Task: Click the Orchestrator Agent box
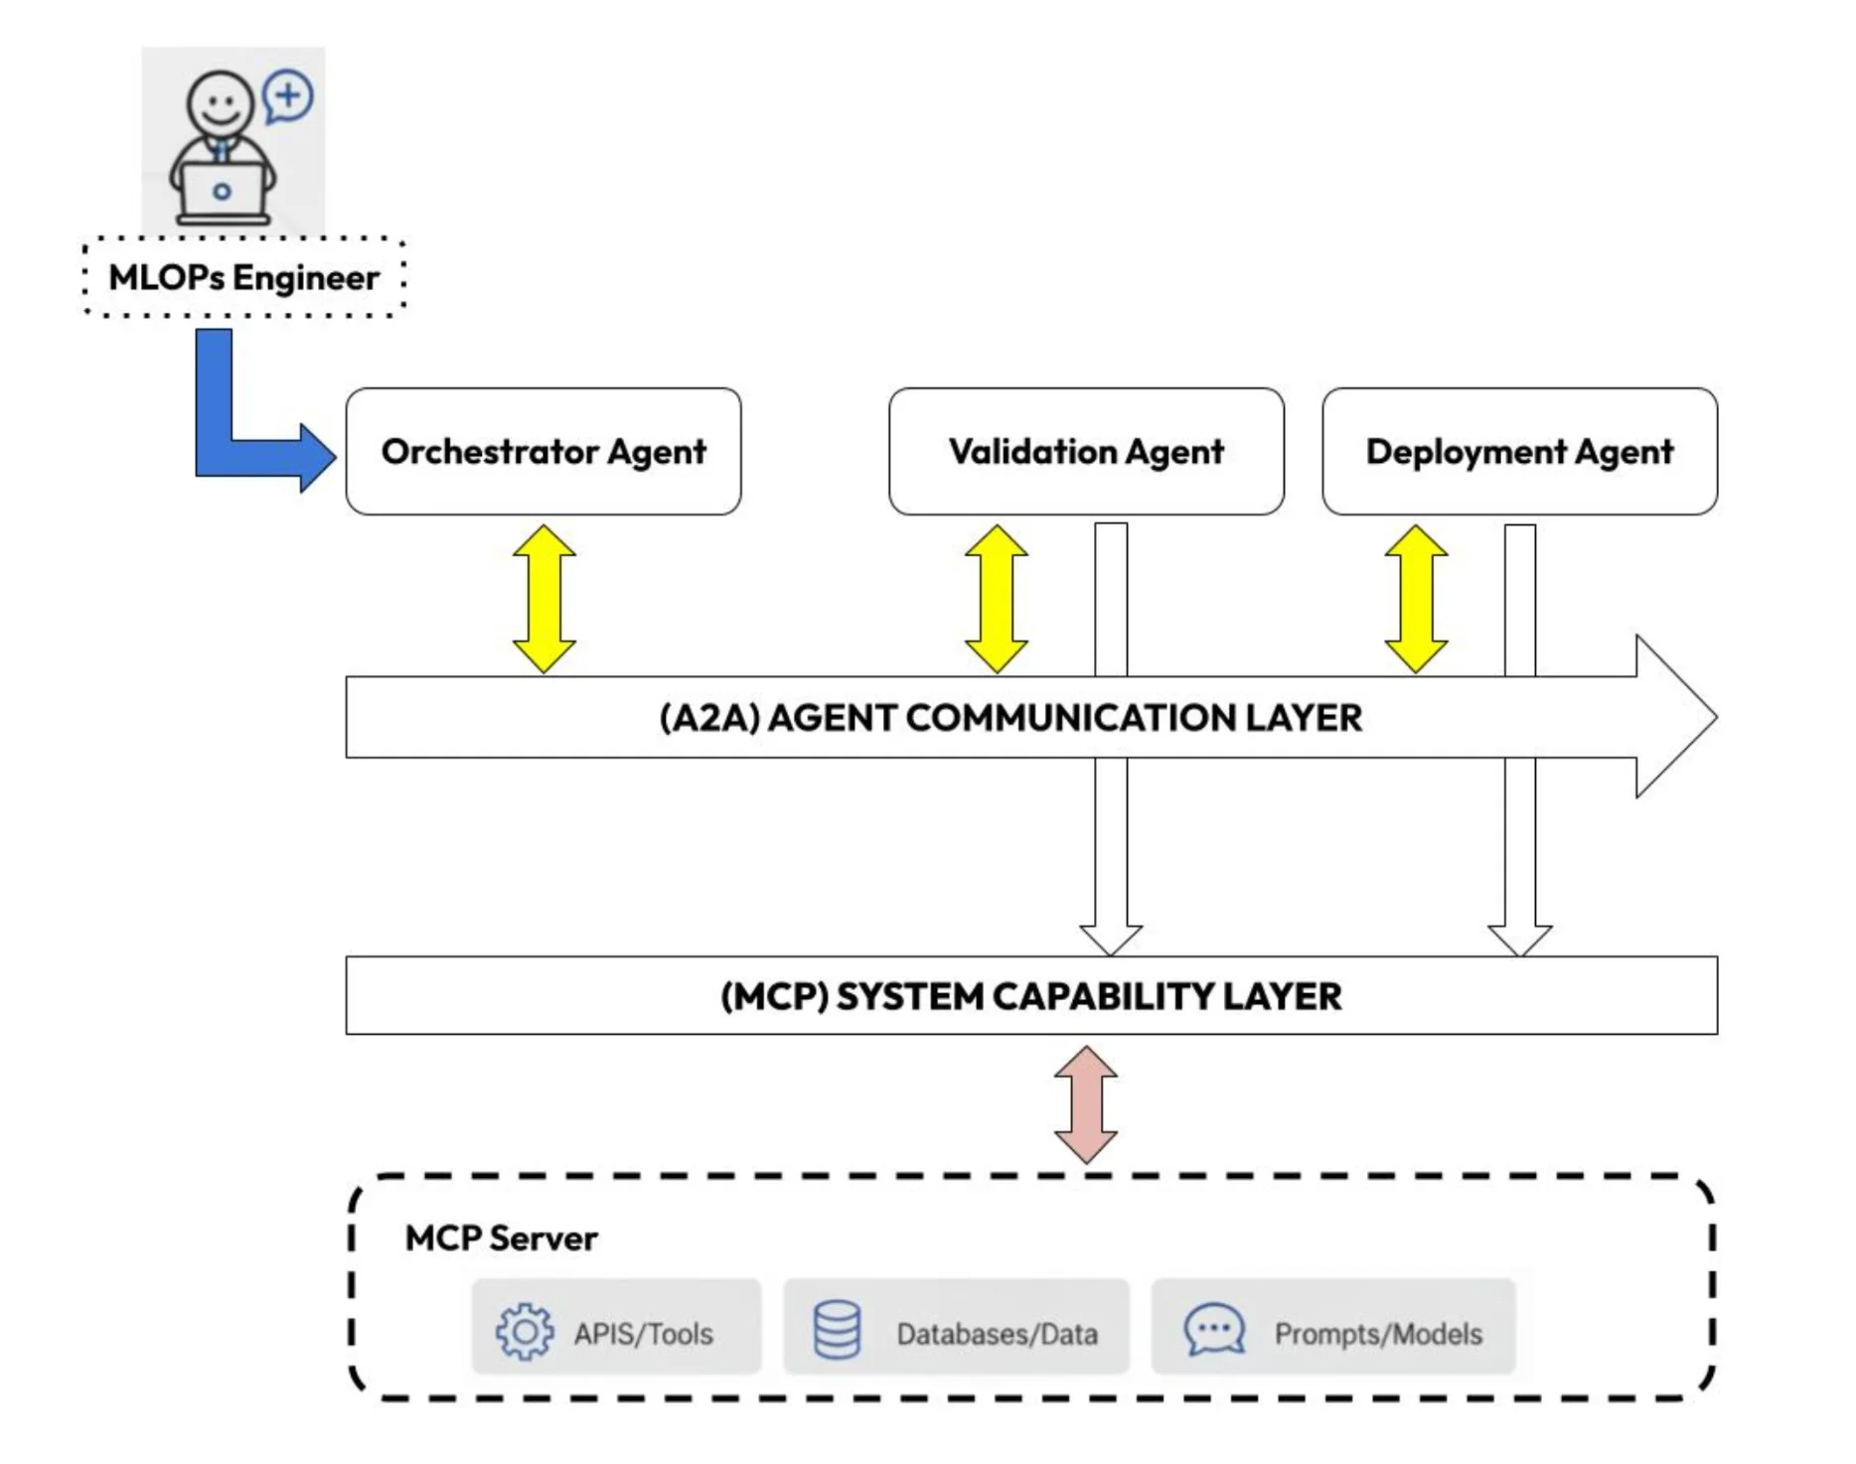pos(543,452)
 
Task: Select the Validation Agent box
pos(1086,452)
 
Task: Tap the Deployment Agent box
pos(1519,452)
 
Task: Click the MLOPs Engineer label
pos(244,277)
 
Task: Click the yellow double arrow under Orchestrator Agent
pos(544,599)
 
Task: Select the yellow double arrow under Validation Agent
pos(997,599)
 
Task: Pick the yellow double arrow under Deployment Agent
pos(1416,599)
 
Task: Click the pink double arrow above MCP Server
pos(1086,1103)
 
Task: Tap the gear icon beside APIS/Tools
pos(525,1331)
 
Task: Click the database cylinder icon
pos(838,1330)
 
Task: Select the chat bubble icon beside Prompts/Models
pos(1214,1329)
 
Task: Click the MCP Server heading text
pos(501,1239)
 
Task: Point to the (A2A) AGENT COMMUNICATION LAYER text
pos(1010,718)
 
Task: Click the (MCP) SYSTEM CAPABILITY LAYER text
pos(1030,996)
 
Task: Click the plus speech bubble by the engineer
pos(288,96)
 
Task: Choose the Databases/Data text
pos(997,1334)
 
